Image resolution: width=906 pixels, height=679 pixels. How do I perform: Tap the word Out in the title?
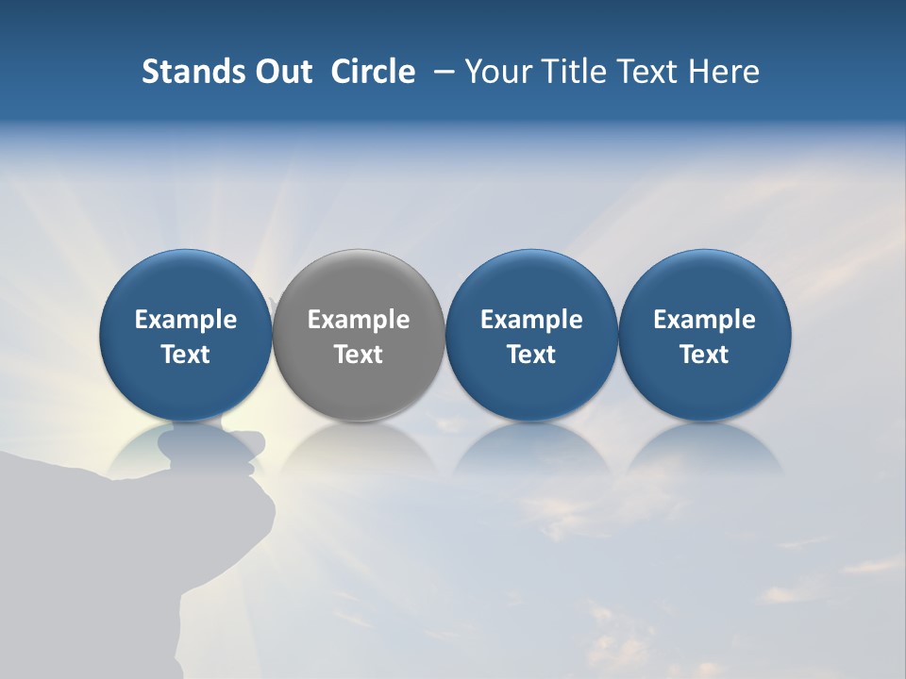point(281,72)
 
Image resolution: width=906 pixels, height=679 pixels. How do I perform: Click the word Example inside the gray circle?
point(359,320)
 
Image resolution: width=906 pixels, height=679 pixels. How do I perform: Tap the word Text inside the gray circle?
point(359,355)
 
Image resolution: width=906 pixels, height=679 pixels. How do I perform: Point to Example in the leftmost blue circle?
point(185,320)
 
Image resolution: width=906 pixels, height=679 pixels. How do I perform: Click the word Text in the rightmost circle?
point(705,355)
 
